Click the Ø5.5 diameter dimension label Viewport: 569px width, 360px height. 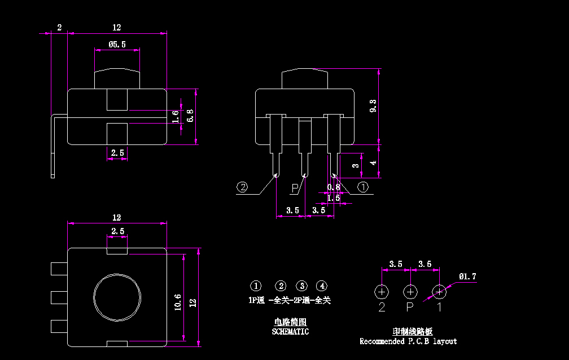[x=117, y=44]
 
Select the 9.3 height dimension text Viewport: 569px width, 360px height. [x=373, y=106]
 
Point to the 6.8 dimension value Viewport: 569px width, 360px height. [x=190, y=116]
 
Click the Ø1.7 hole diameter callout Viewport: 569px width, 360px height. [x=467, y=276]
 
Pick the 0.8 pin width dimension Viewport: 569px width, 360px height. [x=334, y=187]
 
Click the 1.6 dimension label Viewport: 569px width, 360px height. [x=176, y=116]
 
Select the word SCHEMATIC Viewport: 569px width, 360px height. [x=290, y=332]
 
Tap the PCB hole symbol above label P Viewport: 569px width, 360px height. [x=410, y=292]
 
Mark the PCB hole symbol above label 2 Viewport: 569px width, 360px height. [x=382, y=292]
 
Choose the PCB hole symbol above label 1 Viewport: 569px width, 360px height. [x=439, y=292]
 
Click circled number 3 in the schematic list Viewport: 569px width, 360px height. [x=302, y=286]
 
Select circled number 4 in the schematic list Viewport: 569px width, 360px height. [x=321, y=286]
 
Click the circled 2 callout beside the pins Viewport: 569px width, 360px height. [x=243, y=187]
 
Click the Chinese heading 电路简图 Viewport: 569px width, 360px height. [x=290, y=322]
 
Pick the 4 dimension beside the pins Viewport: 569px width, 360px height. [x=373, y=163]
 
